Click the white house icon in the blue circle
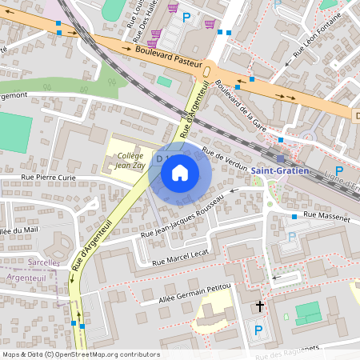pyautogui.click(x=180, y=173)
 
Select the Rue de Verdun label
pyautogui.click(x=226, y=158)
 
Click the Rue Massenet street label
pyautogui.click(x=327, y=217)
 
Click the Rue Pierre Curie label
pyautogui.click(x=48, y=178)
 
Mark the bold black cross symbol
pyautogui.click(x=259, y=306)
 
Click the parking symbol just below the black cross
pyautogui.click(x=258, y=329)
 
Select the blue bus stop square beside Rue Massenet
pyautogui.click(x=294, y=217)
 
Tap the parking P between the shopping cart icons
pyautogui.click(x=187, y=17)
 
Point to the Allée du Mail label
pyautogui.click(x=19, y=230)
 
